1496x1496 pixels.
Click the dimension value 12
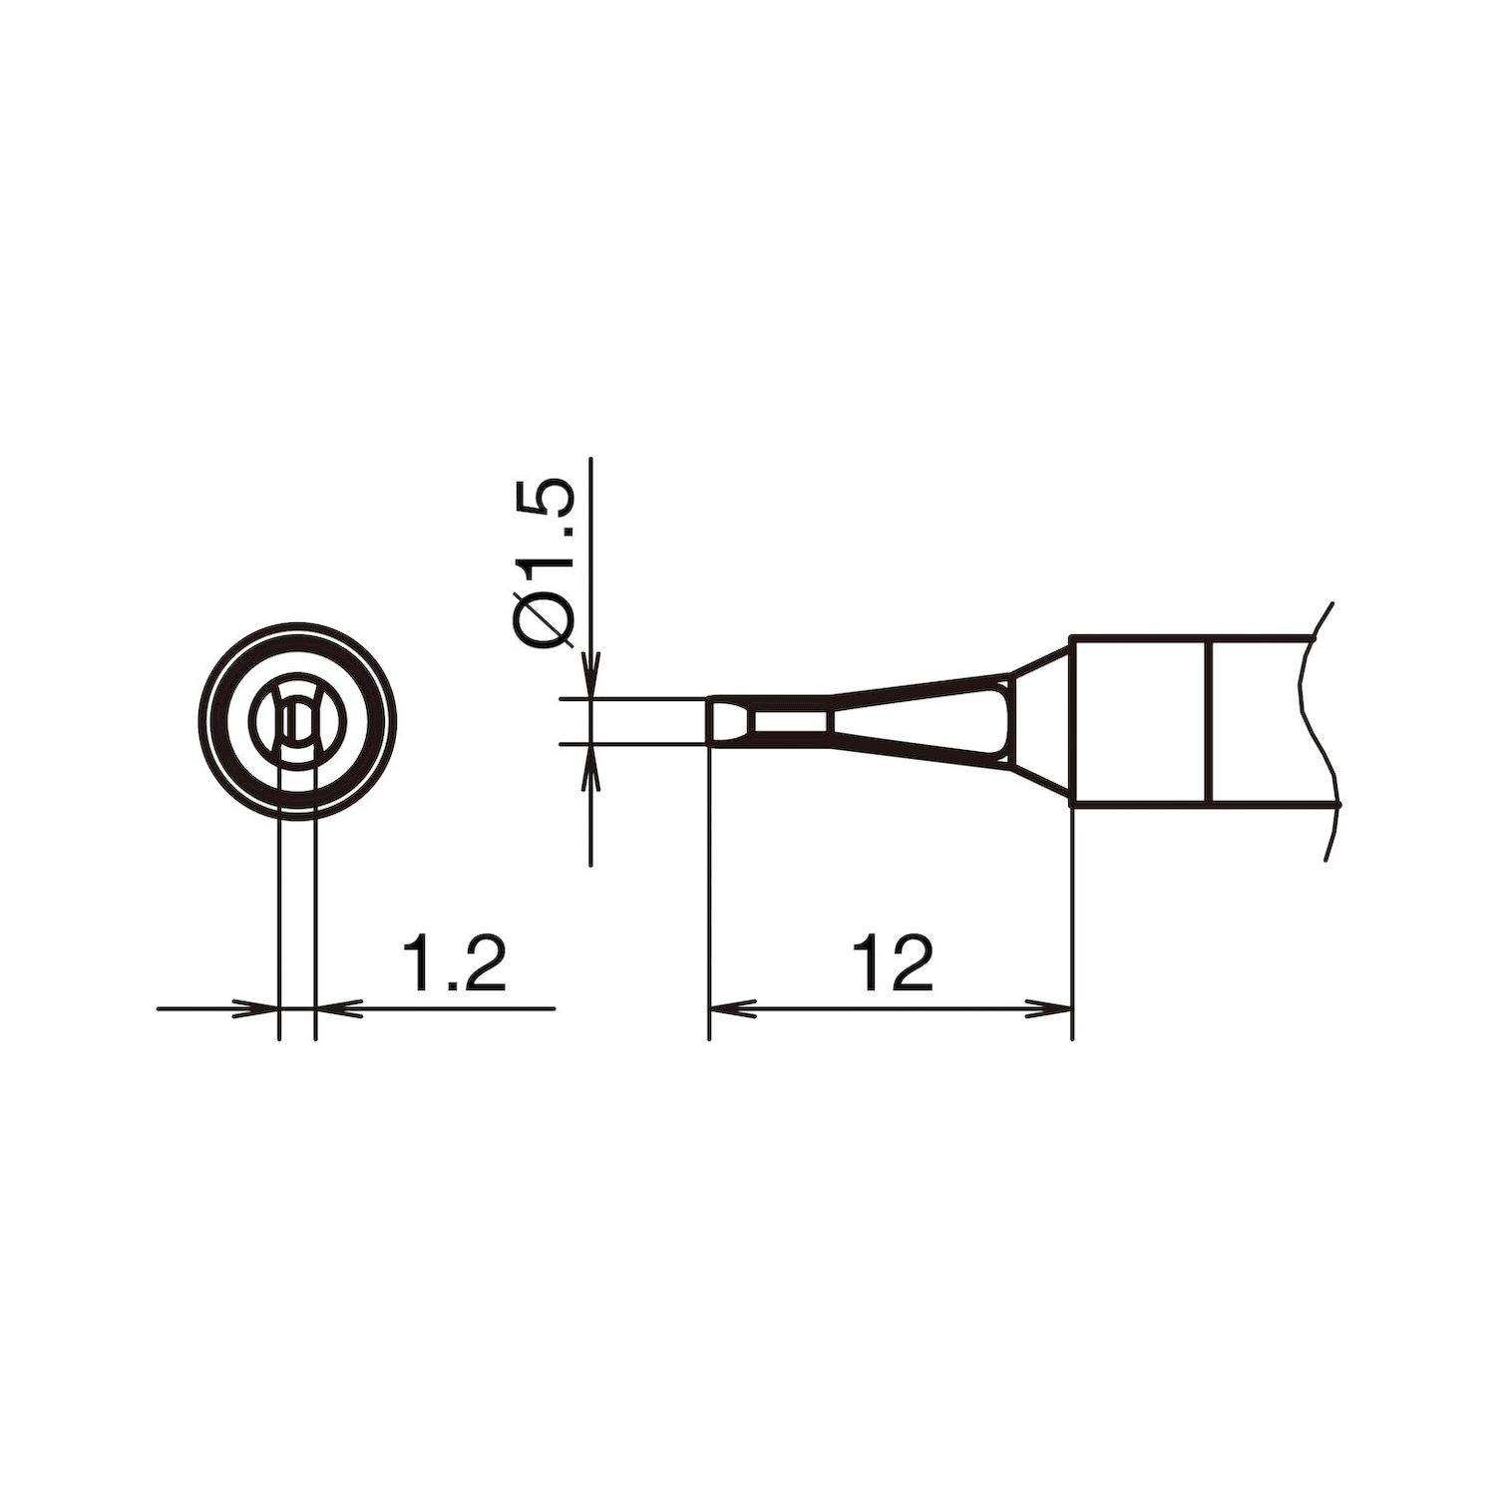pos(894,963)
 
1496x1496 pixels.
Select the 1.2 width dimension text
pos(453,963)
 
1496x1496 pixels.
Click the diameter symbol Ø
pos(547,622)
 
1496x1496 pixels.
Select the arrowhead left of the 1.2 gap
pos(257,1008)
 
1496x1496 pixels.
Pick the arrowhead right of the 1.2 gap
pos(337,1008)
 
